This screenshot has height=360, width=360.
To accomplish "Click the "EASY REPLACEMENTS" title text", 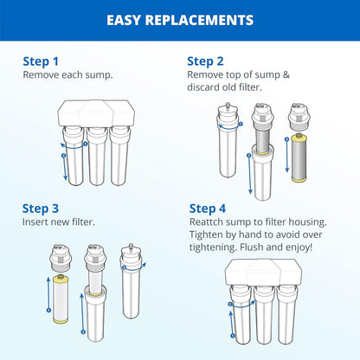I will (x=180, y=19).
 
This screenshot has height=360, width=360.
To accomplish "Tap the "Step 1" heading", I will (x=42, y=61).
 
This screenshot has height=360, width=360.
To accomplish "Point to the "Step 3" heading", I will (x=42, y=209).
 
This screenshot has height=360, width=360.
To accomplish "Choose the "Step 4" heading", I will (x=209, y=209).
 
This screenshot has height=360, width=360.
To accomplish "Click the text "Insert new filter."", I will (x=59, y=222).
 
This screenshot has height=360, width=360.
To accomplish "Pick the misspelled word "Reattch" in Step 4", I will (x=209, y=222).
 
